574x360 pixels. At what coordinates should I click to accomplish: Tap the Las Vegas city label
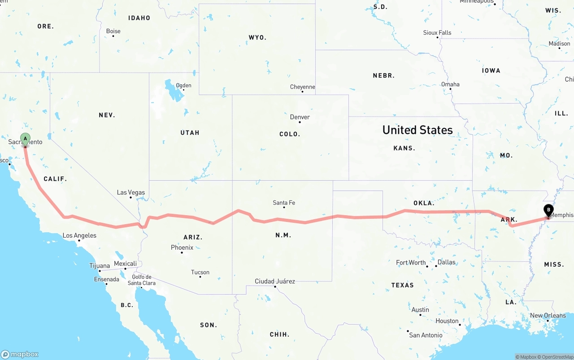click(131, 192)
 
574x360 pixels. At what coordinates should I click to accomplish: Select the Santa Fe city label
click(284, 203)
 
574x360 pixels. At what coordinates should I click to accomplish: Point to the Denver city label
click(300, 117)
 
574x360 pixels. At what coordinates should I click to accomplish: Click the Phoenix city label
click(182, 247)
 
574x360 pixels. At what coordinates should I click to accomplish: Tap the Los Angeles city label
click(79, 235)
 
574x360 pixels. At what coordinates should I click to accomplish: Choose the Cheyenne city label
click(302, 87)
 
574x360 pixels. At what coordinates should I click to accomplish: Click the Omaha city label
click(450, 84)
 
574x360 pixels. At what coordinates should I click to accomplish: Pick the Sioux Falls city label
click(437, 33)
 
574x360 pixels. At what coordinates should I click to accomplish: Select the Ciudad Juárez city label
click(275, 281)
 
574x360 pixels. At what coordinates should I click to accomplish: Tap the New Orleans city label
click(548, 316)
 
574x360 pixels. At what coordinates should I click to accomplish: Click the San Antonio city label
click(426, 335)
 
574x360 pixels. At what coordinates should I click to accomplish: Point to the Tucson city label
click(200, 272)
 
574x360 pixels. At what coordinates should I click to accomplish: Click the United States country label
click(417, 130)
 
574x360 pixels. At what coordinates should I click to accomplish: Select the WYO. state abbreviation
click(257, 38)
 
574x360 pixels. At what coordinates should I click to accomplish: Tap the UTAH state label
click(190, 133)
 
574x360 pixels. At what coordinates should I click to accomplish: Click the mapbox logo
click(20, 354)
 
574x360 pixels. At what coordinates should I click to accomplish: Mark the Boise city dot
click(113, 36)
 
